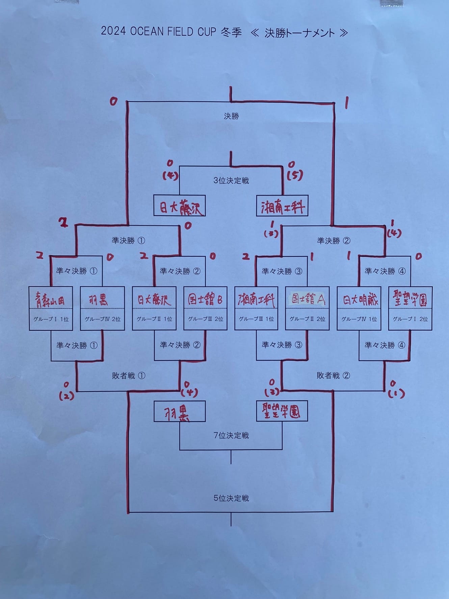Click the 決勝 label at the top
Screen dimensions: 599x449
[x=231, y=116]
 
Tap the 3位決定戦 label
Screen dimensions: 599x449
[x=231, y=180]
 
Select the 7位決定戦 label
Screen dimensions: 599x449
[x=231, y=435]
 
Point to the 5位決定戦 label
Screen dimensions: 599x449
[x=231, y=498]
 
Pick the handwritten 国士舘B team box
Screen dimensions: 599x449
[x=205, y=299]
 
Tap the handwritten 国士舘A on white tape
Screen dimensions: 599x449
[x=308, y=299]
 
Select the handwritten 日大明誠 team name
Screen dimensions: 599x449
[x=359, y=299]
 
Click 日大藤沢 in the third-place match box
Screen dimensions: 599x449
[x=180, y=206]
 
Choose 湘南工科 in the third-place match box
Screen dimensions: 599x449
[x=282, y=206]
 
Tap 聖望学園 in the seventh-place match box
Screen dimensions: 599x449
[x=282, y=411]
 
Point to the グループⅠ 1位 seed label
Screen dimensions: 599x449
[x=51, y=319]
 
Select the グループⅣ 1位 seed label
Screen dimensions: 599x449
[x=359, y=319]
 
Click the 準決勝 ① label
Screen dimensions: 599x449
[x=128, y=241]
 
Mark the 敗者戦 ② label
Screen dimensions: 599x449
[x=333, y=375]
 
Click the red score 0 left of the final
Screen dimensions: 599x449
[x=113, y=101]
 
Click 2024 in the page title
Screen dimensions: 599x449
[x=113, y=31]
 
